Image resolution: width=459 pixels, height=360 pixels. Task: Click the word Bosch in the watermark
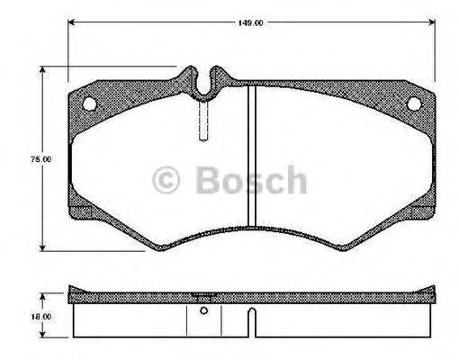tap(251, 181)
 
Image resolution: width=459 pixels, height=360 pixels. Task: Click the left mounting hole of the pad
tap(89, 103)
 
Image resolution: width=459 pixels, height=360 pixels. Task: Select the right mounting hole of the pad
tap(413, 103)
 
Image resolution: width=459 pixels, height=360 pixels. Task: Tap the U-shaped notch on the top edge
tap(206, 84)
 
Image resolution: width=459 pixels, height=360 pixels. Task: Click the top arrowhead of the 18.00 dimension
tap(43, 297)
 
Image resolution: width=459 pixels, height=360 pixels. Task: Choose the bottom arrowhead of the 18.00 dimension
tap(43, 337)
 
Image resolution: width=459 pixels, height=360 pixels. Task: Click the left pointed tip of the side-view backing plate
tap(69, 291)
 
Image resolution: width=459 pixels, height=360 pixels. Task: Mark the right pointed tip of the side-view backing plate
tap(433, 291)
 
